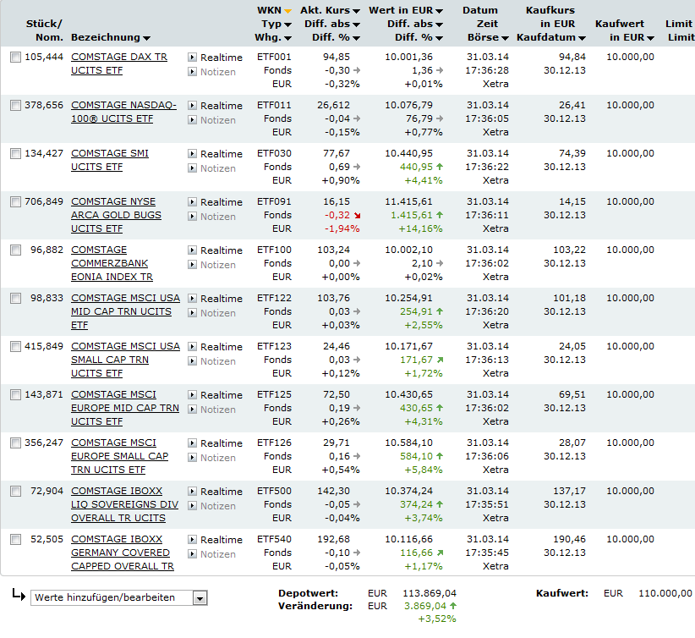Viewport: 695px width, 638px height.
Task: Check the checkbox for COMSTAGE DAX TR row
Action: (x=15, y=58)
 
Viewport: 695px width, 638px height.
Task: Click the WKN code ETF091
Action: (x=274, y=201)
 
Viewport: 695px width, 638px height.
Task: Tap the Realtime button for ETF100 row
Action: (x=216, y=250)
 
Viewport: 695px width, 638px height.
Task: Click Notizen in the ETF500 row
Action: (x=217, y=506)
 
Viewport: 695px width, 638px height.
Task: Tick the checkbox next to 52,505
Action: (x=15, y=540)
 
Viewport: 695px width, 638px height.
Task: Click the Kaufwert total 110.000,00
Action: (x=662, y=593)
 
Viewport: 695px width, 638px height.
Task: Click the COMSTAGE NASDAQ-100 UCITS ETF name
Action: (x=123, y=112)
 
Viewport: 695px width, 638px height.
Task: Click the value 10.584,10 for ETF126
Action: (x=408, y=443)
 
